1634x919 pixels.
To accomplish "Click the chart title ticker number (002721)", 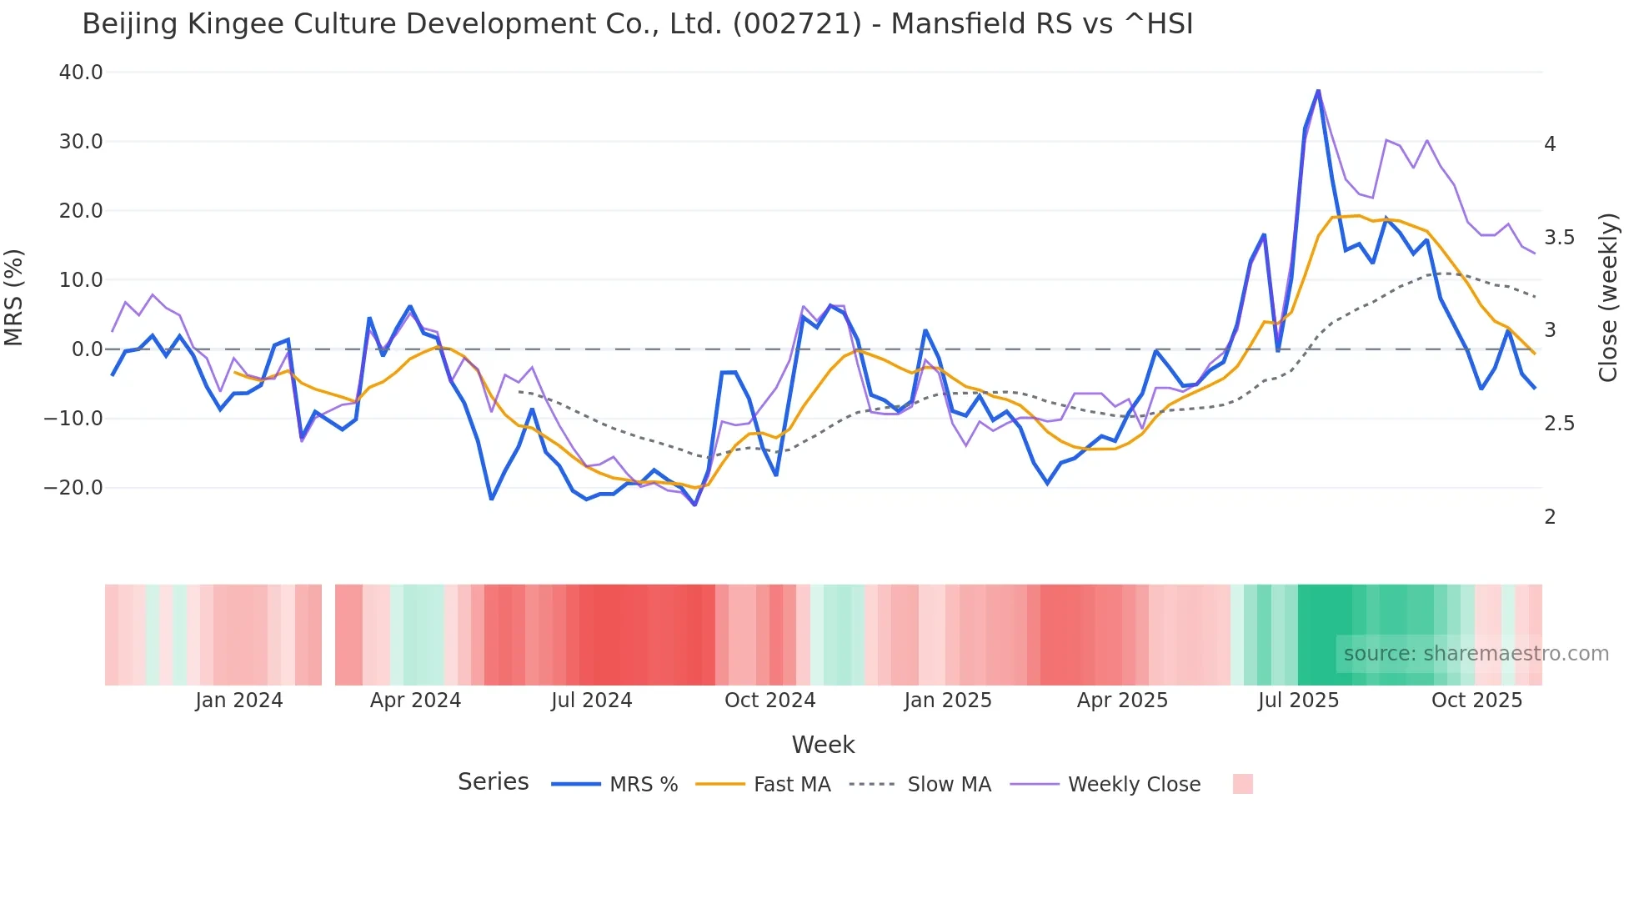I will (x=797, y=24).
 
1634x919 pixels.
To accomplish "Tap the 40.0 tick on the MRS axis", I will (x=81, y=73).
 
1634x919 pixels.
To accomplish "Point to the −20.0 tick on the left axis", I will (x=73, y=488).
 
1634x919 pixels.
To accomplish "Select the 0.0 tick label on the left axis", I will (x=87, y=349).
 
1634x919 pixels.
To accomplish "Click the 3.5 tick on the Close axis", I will (x=1561, y=238).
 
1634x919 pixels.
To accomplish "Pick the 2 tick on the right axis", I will (x=1550, y=517).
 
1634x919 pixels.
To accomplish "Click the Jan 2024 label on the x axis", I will (x=239, y=701).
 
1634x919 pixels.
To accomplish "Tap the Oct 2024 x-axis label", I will (x=769, y=701).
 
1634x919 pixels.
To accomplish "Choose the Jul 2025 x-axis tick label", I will (x=1298, y=701).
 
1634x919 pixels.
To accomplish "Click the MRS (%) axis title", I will (x=14, y=298).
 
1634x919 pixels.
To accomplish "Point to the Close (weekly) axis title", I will (x=1608, y=298).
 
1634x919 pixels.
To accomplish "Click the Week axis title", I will (x=823, y=745).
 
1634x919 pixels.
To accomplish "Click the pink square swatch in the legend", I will (x=1242, y=785).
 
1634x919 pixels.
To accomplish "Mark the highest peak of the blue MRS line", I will (x=1318, y=90).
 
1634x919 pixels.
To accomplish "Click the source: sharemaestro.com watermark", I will (x=1476, y=654).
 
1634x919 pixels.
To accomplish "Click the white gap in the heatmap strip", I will (x=328, y=635).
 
